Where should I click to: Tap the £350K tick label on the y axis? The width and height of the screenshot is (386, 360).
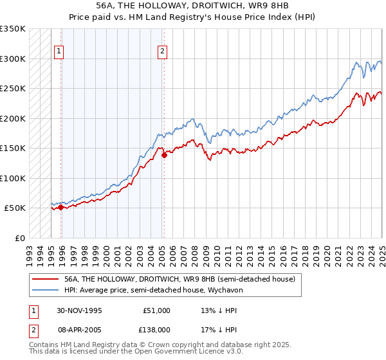click(13, 29)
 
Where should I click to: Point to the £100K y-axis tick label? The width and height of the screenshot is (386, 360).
click(13, 178)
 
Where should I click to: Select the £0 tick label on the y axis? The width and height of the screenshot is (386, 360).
click(20, 238)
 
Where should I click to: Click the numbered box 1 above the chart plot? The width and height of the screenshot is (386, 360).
click(59, 52)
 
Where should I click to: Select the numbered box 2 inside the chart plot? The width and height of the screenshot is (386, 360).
click(162, 52)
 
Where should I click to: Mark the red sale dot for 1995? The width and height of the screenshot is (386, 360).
click(60, 207)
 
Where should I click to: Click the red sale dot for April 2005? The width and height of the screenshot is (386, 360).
click(164, 155)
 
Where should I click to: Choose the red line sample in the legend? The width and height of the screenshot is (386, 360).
click(46, 279)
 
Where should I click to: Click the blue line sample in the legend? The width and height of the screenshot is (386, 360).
click(46, 291)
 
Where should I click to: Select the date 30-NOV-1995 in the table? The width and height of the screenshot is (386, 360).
click(80, 310)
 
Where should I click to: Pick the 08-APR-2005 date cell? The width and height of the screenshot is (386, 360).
click(80, 328)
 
